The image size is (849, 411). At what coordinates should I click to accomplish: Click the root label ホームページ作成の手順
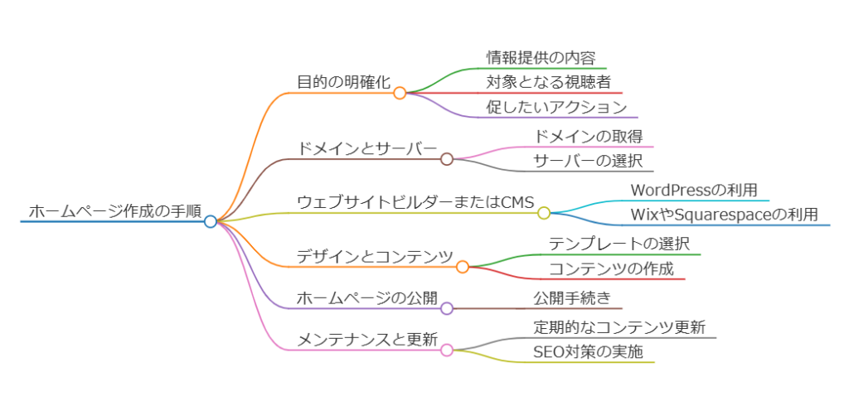pyautogui.click(x=114, y=211)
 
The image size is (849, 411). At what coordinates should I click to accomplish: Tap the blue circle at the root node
pyautogui.click(x=211, y=221)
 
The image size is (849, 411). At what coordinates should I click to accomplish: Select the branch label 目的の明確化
pyautogui.click(x=344, y=82)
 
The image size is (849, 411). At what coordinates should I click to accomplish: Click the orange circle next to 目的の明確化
pyautogui.click(x=400, y=93)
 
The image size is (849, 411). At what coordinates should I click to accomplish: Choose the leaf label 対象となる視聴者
pyautogui.click(x=548, y=82)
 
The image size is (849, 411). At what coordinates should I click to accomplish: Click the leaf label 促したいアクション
pyautogui.click(x=556, y=107)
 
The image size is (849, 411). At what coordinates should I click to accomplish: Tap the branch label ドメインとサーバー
pyautogui.click(x=367, y=148)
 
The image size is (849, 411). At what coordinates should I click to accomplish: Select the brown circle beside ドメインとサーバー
pyautogui.click(x=447, y=159)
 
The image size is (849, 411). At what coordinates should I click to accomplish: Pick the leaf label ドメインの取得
pyautogui.click(x=589, y=136)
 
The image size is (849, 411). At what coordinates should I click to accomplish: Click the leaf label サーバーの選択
pyautogui.click(x=588, y=161)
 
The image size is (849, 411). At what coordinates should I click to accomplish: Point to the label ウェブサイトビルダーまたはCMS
pyautogui.click(x=416, y=202)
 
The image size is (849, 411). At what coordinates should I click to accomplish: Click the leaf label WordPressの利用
pyautogui.click(x=694, y=190)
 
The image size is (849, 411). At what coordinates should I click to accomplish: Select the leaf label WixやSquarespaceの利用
pyautogui.click(x=725, y=215)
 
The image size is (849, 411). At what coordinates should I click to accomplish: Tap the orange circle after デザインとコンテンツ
pyautogui.click(x=463, y=267)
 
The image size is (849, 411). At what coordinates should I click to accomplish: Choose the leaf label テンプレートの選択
pyautogui.click(x=619, y=244)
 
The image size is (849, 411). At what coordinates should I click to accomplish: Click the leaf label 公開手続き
pyautogui.click(x=572, y=297)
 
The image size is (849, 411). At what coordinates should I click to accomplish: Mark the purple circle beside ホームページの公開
pyautogui.click(x=447, y=308)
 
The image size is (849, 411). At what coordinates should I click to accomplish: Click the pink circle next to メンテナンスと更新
pyautogui.click(x=447, y=350)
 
